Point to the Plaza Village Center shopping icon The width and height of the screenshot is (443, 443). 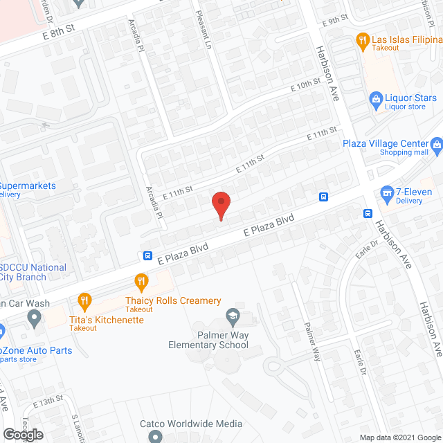437,144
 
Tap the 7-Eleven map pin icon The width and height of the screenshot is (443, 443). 387,192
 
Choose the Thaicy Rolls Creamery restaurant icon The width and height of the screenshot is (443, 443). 142,281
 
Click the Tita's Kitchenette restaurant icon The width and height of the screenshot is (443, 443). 85,300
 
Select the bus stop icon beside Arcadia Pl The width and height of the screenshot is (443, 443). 148,255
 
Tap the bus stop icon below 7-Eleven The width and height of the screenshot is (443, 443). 368,213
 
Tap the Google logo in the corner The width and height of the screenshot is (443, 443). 22,435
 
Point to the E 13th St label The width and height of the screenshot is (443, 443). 47,401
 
